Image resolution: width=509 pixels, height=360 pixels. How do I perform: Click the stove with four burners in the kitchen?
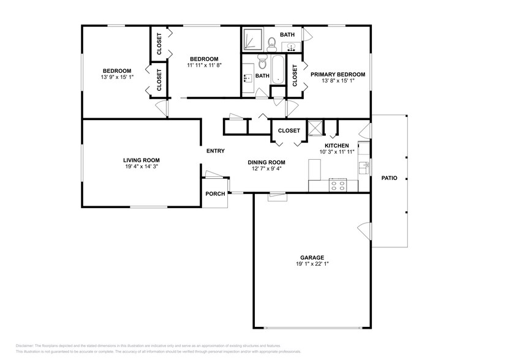click(x=337, y=184)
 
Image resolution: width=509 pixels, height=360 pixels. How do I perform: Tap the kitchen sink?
click(x=364, y=165)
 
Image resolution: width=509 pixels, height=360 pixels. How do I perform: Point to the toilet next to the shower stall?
click(x=271, y=42)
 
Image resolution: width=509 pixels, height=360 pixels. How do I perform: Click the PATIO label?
click(x=389, y=178)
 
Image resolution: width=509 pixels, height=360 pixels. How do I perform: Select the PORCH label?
click(x=215, y=194)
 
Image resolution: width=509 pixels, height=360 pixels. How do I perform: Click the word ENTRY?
click(x=215, y=151)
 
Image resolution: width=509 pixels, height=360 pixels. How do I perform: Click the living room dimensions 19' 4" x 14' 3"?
click(x=141, y=166)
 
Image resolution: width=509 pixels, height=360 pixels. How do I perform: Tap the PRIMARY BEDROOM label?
click(x=337, y=75)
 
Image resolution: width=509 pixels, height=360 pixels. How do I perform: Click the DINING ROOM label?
click(x=266, y=162)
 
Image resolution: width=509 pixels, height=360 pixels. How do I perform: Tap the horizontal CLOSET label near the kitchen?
click(x=289, y=130)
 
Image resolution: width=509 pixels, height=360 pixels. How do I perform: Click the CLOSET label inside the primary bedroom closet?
click(x=295, y=75)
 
